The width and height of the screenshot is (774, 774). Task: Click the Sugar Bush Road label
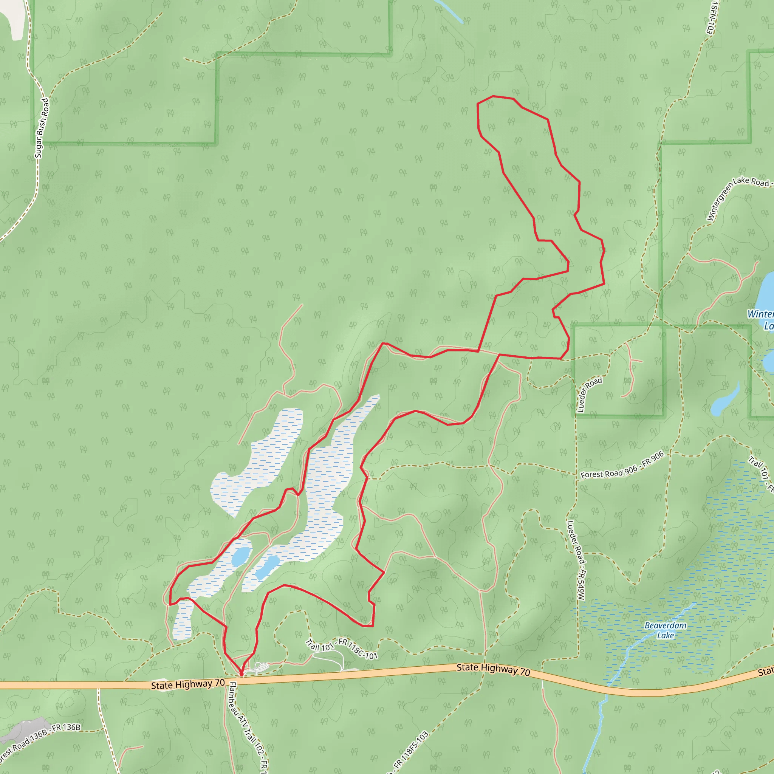pyautogui.click(x=42, y=128)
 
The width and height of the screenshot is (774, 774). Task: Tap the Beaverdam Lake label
pyautogui.click(x=666, y=630)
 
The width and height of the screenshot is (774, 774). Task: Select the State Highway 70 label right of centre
pyautogui.click(x=493, y=669)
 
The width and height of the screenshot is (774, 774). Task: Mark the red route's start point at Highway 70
pyautogui.click(x=241, y=677)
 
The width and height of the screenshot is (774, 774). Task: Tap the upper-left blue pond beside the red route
pyautogui.click(x=241, y=556)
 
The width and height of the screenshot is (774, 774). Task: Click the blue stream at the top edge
pyautogui.click(x=449, y=10)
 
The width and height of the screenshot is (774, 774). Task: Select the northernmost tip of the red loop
pyautogui.click(x=493, y=96)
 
